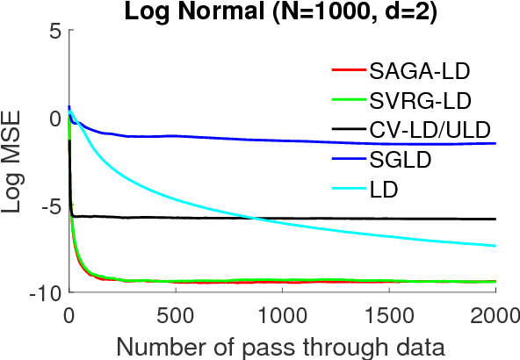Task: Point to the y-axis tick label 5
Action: click(54, 32)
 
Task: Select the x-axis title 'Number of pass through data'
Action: click(281, 343)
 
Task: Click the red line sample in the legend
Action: click(348, 70)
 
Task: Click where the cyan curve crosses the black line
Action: click(253, 218)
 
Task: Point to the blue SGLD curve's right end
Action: click(495, 143)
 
